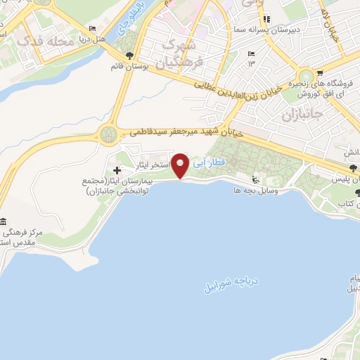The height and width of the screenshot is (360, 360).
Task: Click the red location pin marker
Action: pos(181,166)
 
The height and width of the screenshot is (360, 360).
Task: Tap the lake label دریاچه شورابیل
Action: pos(231,280)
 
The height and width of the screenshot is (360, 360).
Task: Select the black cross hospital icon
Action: pos(117,170)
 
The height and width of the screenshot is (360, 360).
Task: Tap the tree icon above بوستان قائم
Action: pos(129,55)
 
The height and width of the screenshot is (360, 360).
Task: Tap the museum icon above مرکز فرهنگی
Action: pos(4,221)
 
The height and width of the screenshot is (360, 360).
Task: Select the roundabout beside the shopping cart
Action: pos(307,77)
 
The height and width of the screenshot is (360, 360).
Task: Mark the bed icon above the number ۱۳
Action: pos(252,53)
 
